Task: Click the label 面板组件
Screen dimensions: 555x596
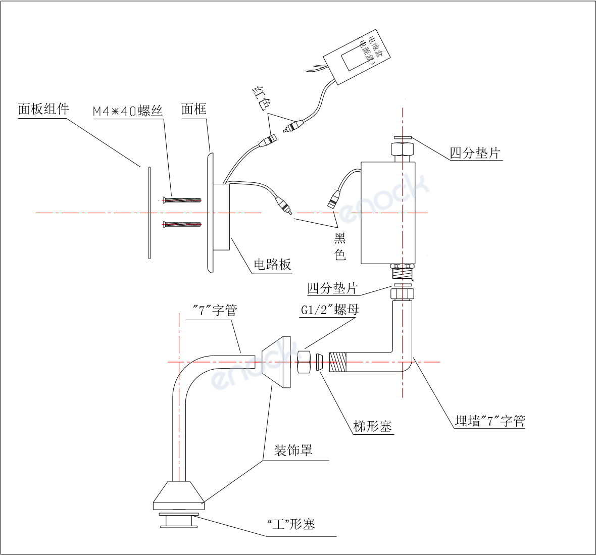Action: point(43,109)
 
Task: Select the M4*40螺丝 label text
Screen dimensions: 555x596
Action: point(128,111)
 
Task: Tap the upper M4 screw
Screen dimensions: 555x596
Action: point(182,200)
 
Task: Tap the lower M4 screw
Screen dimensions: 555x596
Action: point(182,224)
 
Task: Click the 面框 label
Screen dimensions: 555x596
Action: point(194,109)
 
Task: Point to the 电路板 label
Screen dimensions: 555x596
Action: point(272,264)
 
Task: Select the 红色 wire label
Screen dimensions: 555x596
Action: point(261,98)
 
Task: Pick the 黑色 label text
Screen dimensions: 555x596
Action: point(340,246)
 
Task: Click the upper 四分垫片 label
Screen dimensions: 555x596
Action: point(475,153)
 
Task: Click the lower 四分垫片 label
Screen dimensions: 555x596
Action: point(332,288)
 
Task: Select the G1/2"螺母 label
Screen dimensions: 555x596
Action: point(330,310)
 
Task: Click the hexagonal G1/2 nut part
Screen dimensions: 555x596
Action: point(304,362)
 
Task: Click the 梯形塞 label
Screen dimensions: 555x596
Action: point(373,427)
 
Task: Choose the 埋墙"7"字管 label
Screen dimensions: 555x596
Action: point(489,421)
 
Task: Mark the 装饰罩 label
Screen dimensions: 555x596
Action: point(293,450)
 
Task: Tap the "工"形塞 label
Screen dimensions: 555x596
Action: point(291,525)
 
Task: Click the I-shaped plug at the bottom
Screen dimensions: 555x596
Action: point(179,520)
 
